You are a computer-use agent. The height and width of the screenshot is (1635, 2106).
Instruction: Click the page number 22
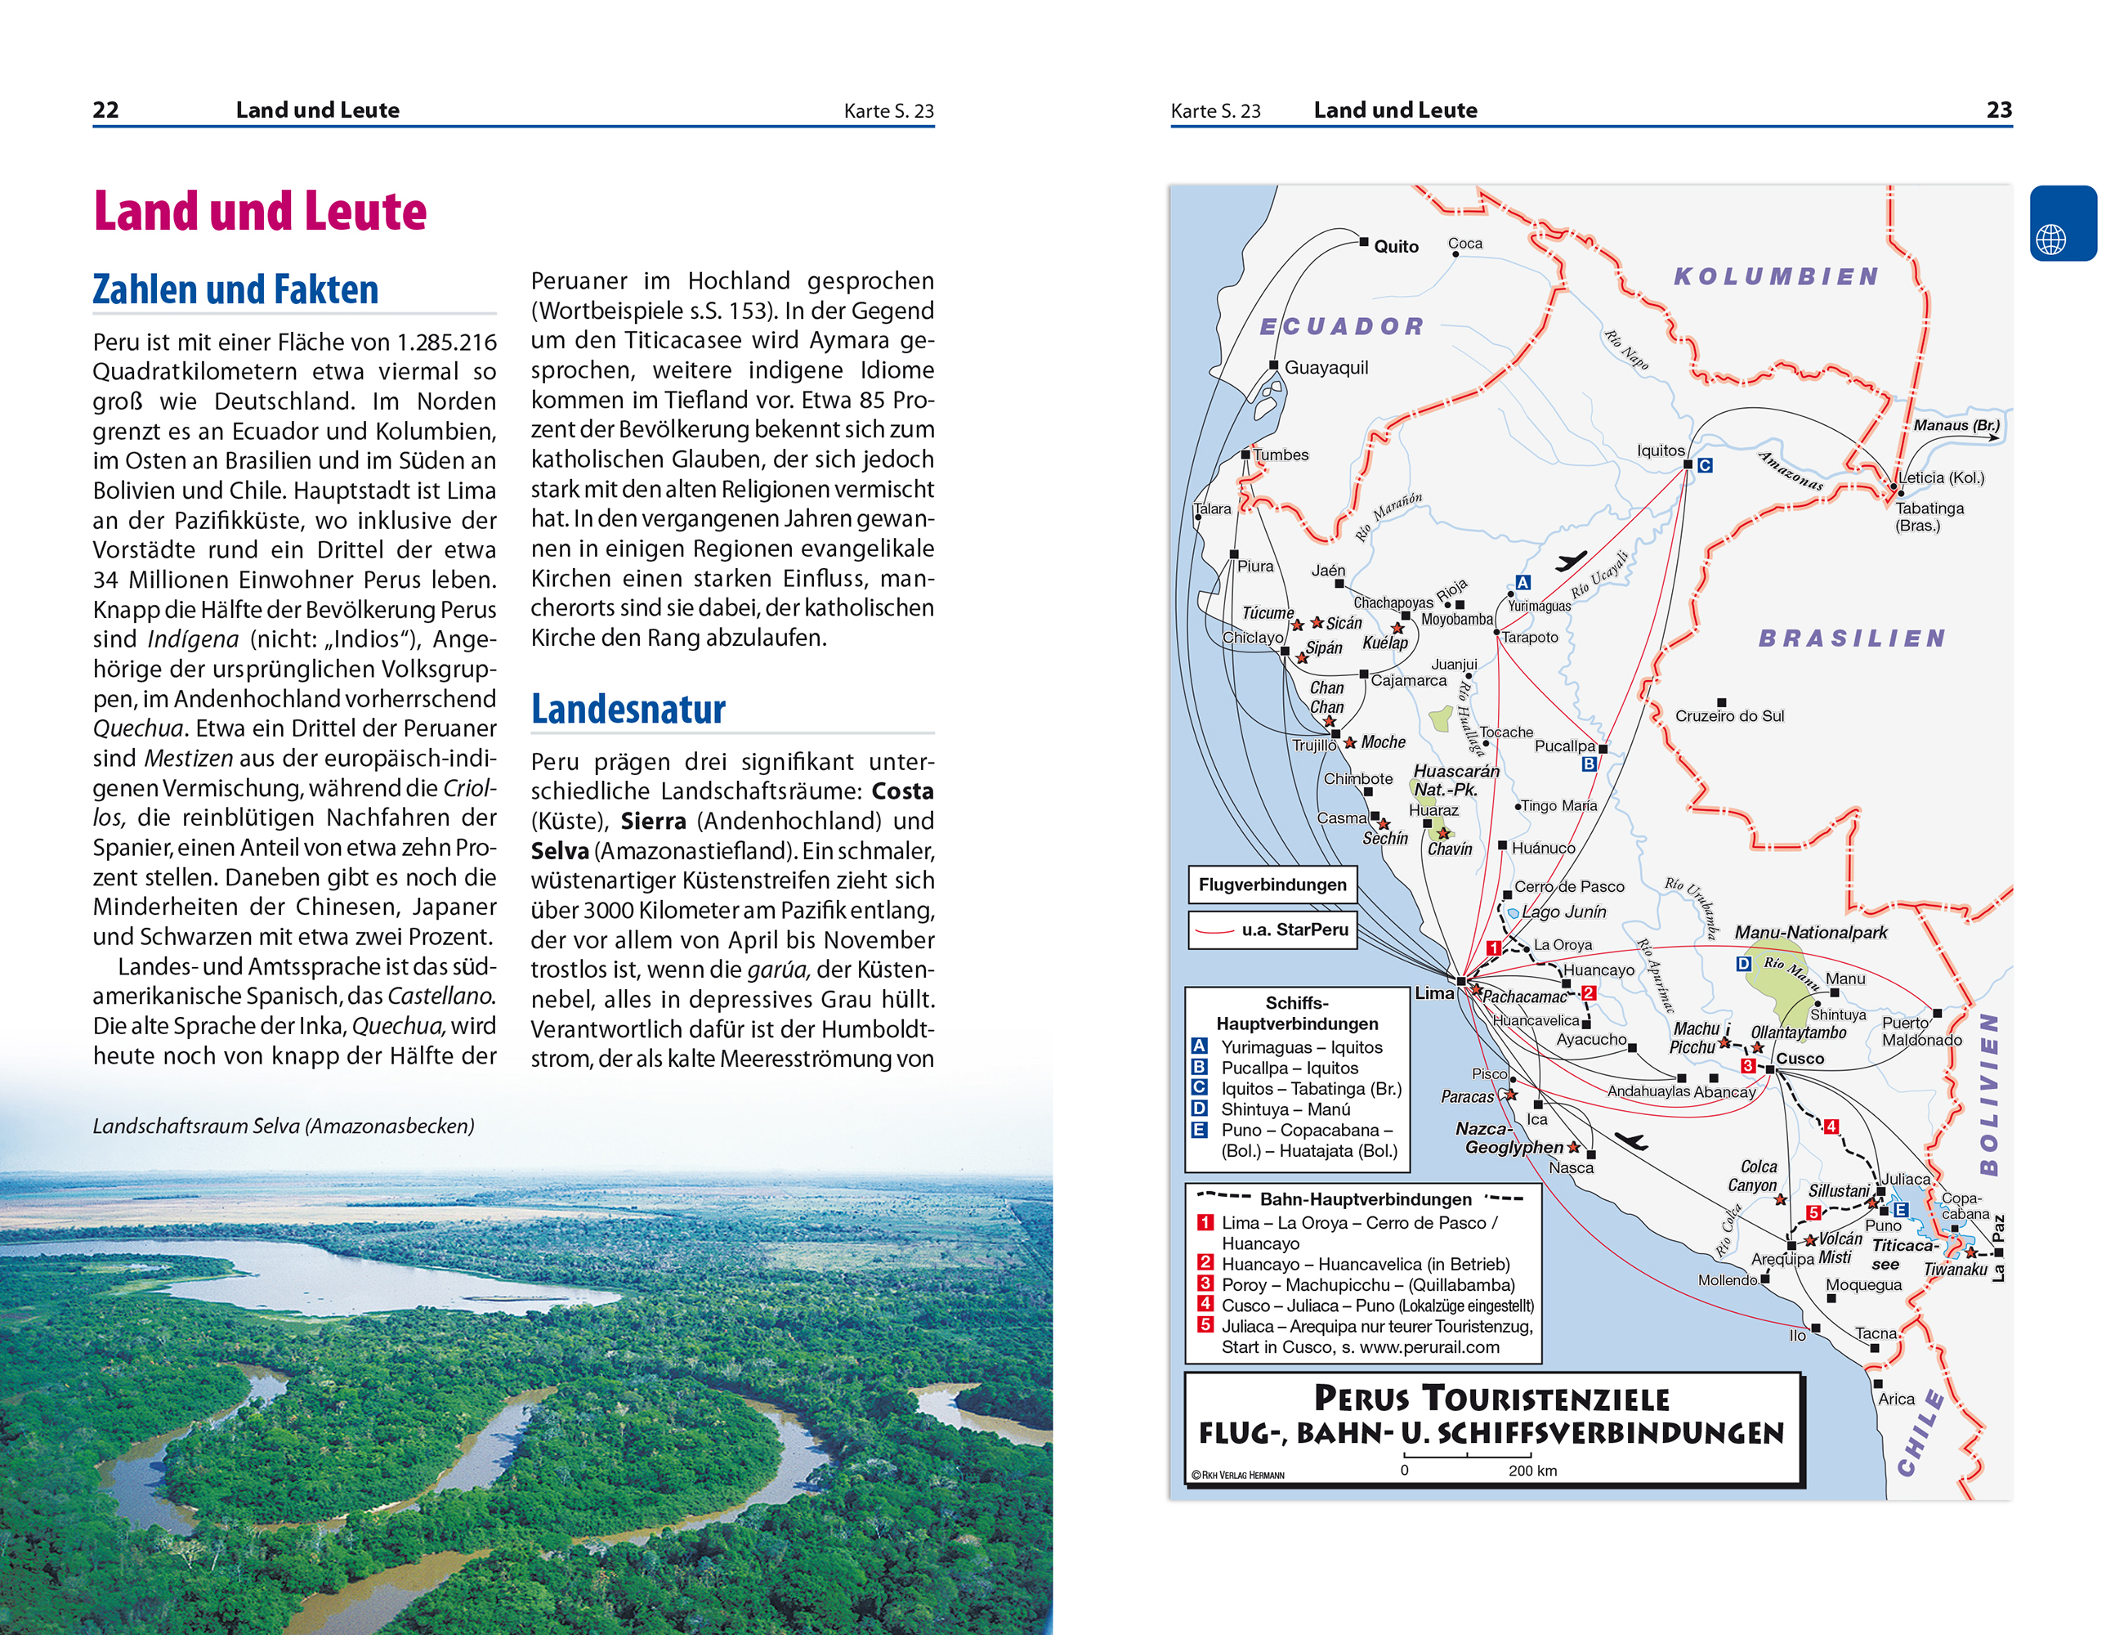(106, 110)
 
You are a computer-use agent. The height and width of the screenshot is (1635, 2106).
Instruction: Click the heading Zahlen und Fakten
(235, 289)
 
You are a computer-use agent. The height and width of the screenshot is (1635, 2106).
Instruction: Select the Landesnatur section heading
(628, 709)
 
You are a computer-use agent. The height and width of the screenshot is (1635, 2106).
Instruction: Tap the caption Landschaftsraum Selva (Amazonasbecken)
(284, 1126)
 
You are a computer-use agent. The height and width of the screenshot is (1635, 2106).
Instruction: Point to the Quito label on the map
(1395, 247)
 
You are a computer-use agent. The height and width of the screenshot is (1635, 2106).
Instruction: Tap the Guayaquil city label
(1326, 368)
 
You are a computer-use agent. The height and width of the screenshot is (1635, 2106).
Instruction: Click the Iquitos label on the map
(1661, 450)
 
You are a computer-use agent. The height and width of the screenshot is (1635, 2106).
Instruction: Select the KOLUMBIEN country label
(1776, 277)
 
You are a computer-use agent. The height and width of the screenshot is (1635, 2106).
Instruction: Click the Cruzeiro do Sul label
(1729, 716)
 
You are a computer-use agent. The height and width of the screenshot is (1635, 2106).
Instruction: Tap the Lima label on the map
(1434, 992)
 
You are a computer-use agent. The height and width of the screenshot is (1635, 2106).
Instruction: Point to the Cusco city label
(1800, 1058)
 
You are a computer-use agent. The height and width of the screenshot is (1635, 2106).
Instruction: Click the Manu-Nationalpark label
(1810, 933)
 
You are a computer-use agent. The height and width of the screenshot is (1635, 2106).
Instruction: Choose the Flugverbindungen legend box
(1272, 885)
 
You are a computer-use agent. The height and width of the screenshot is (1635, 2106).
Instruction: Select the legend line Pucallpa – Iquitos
(1290, 1068)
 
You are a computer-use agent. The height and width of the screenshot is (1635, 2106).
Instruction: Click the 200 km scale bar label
(1532, 1471)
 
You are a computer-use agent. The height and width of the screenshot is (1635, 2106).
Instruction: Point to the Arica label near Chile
(1896, 1399)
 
